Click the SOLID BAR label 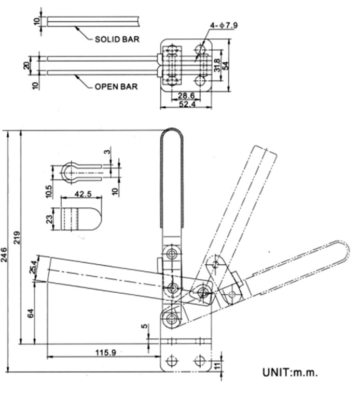[x=117, y=39]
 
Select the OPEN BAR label [x=116, y=87]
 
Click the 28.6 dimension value [x=186, y=96]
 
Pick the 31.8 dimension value [x=217, y=65]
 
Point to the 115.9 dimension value [x=105, y=352]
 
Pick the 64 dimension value [x=31, y=313]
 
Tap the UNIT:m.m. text [x=290, y=372]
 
